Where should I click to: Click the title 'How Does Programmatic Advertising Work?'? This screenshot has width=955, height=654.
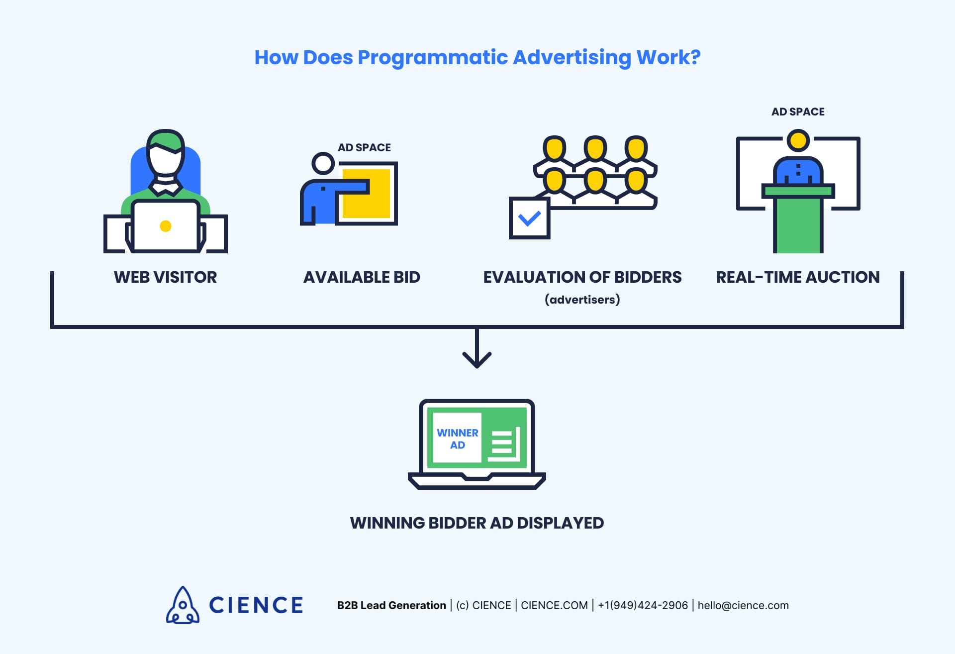477,58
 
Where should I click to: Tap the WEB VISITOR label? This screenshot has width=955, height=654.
165,277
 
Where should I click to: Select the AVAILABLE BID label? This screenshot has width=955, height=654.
362,277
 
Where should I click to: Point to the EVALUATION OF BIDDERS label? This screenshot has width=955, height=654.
582,277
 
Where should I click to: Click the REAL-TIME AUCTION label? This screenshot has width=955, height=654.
797,277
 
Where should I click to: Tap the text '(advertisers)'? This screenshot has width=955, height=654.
582,300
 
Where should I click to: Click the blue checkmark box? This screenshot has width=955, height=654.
529,218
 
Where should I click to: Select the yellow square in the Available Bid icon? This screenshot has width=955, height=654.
366,194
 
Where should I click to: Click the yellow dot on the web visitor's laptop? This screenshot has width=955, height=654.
166,226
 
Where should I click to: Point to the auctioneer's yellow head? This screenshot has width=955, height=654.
798,140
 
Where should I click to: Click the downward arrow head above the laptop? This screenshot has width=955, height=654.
477,361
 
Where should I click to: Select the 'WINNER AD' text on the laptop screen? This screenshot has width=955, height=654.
457,439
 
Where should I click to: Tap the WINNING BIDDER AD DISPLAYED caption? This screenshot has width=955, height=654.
477,523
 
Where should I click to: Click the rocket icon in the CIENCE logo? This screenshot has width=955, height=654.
183,605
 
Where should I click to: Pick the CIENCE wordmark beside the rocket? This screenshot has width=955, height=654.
256,605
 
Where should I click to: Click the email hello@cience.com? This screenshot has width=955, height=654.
743,606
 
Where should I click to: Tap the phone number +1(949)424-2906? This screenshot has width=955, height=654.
643,606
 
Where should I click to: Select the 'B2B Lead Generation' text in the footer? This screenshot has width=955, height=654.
391,606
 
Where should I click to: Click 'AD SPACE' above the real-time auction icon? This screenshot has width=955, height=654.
797,112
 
